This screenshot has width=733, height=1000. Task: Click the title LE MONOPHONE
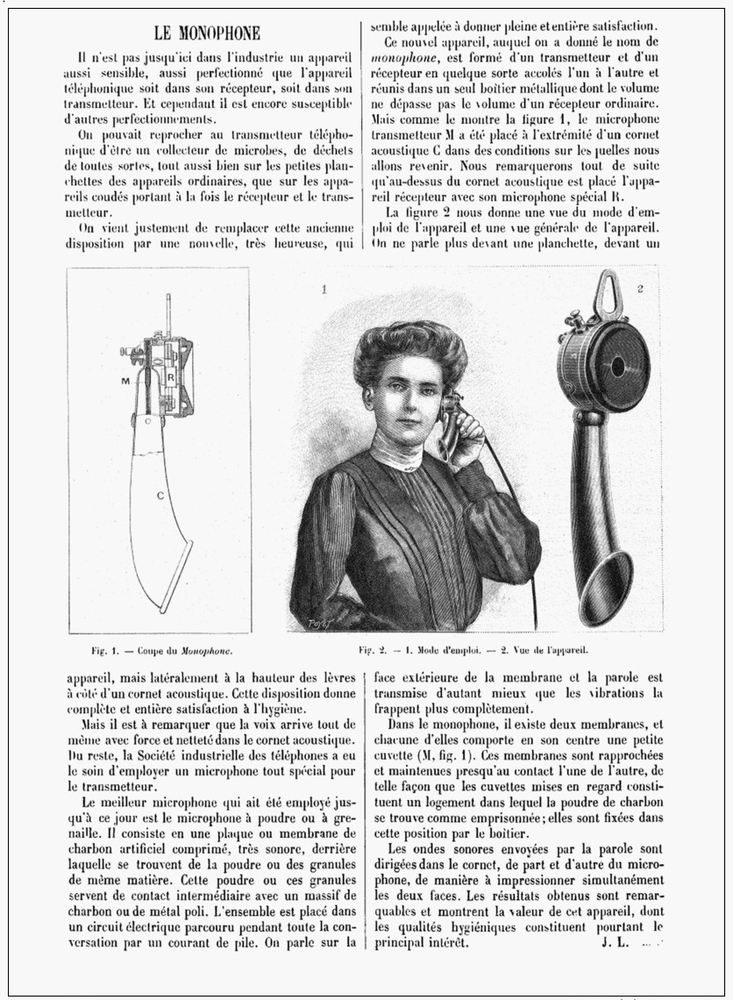pos(207,34)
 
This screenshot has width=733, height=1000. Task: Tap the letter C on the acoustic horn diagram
pos(160,496)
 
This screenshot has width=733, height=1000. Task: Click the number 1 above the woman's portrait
pos(324,287)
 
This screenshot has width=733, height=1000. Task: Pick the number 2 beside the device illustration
pos(641,287)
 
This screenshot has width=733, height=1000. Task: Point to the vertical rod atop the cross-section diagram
pos(165,311)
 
